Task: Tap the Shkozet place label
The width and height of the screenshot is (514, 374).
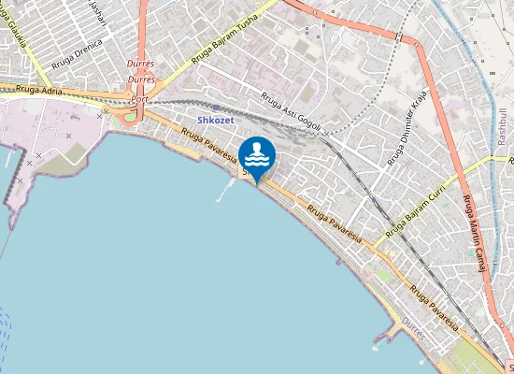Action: coord(216,121)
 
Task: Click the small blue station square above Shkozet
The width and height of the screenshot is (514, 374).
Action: coord(217,108)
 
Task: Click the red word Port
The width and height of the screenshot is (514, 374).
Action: coord(139,98)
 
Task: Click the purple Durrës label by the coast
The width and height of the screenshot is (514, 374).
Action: coord(412,320)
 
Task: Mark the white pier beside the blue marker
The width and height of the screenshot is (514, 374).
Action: coord(225,192)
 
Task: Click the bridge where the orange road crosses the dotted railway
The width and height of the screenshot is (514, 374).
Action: coord(400,36)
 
